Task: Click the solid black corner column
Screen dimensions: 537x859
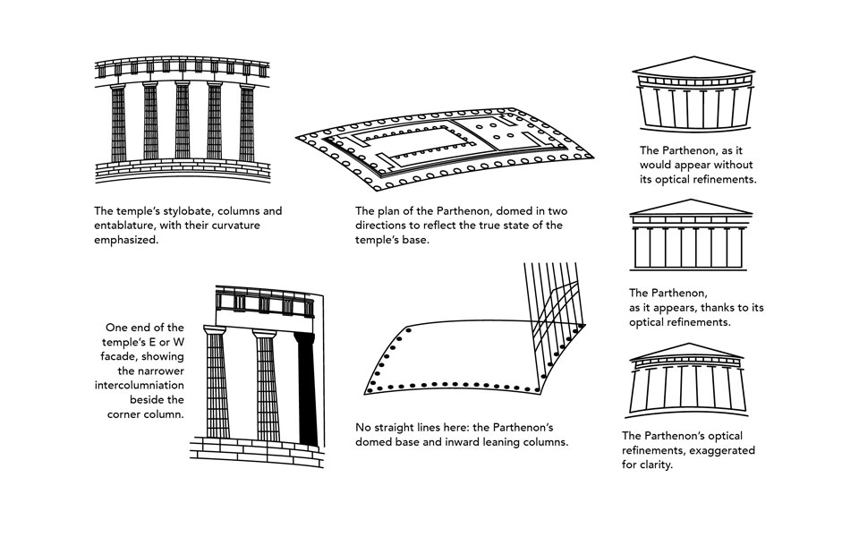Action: point(307,389)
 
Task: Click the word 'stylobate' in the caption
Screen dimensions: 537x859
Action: point(171,211)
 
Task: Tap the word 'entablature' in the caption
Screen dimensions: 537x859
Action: point(126,226)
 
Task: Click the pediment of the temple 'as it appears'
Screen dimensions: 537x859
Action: point(690,209)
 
